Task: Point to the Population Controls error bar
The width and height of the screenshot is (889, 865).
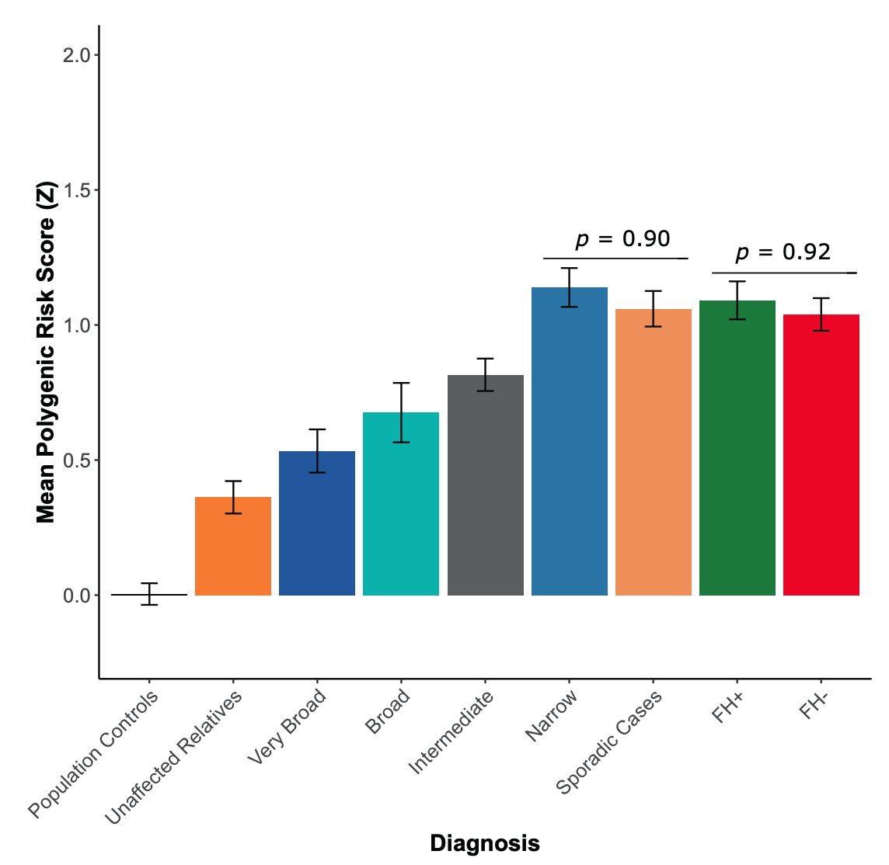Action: (x=149, y=594)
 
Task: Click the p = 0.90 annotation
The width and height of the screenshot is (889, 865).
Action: (x=622, y=239)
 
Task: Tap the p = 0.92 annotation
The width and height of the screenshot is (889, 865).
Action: (x=783, y=252)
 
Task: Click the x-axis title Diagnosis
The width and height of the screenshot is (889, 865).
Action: (x=484, y=843)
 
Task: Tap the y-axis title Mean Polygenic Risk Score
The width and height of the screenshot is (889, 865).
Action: (x=46, y=353)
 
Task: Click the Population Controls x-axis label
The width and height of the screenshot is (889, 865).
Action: (x=94, y=754)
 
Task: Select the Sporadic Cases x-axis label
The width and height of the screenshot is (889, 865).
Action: (x=609, y=742)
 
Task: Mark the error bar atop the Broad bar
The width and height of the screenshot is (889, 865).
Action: (x=401, y=412)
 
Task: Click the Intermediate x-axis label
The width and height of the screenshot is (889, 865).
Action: (x=451, y=731)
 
